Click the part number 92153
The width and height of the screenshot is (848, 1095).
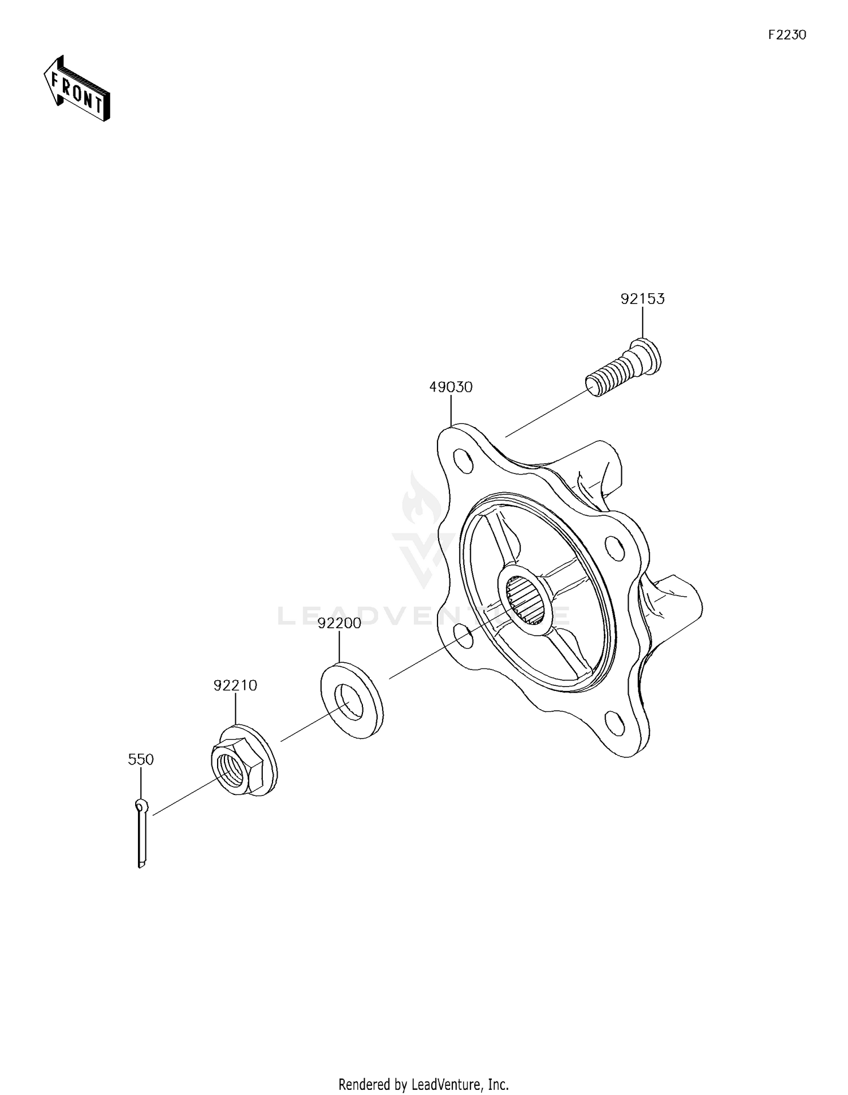[x=642, y=299]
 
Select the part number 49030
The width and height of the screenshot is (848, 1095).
[x=451, y=388]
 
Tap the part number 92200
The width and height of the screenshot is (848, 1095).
[x=339, y=623]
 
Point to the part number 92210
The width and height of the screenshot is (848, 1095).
[x=235, y=685]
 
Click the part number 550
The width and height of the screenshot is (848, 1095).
[x=141, y=759]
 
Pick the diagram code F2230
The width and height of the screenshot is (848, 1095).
[x=787, y=35]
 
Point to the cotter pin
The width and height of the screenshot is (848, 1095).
[x=141, y=833]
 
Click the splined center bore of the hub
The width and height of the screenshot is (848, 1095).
[x=522, y=600]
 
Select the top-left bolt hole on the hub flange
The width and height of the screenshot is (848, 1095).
[x=464, y=460]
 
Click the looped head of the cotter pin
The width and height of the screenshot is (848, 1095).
[x=141, y=805]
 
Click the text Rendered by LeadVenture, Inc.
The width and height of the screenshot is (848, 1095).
[x=423, y=1069]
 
